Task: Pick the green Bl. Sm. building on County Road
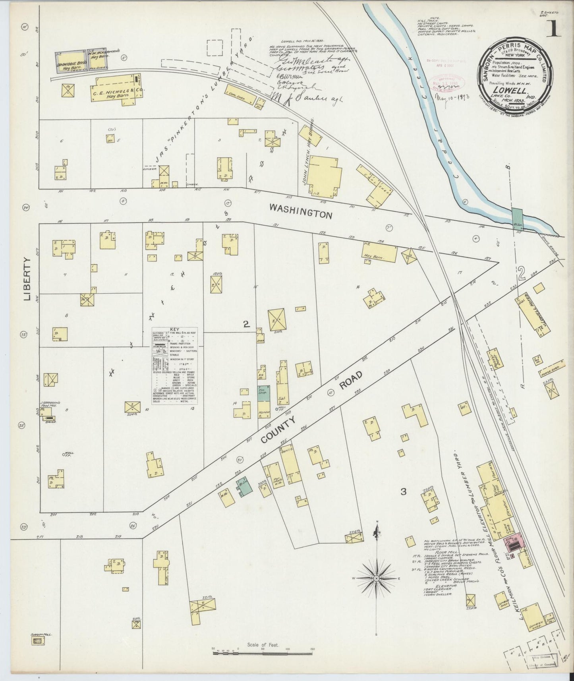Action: [x=245, y=486]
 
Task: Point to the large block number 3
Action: [x=403, y=492]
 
